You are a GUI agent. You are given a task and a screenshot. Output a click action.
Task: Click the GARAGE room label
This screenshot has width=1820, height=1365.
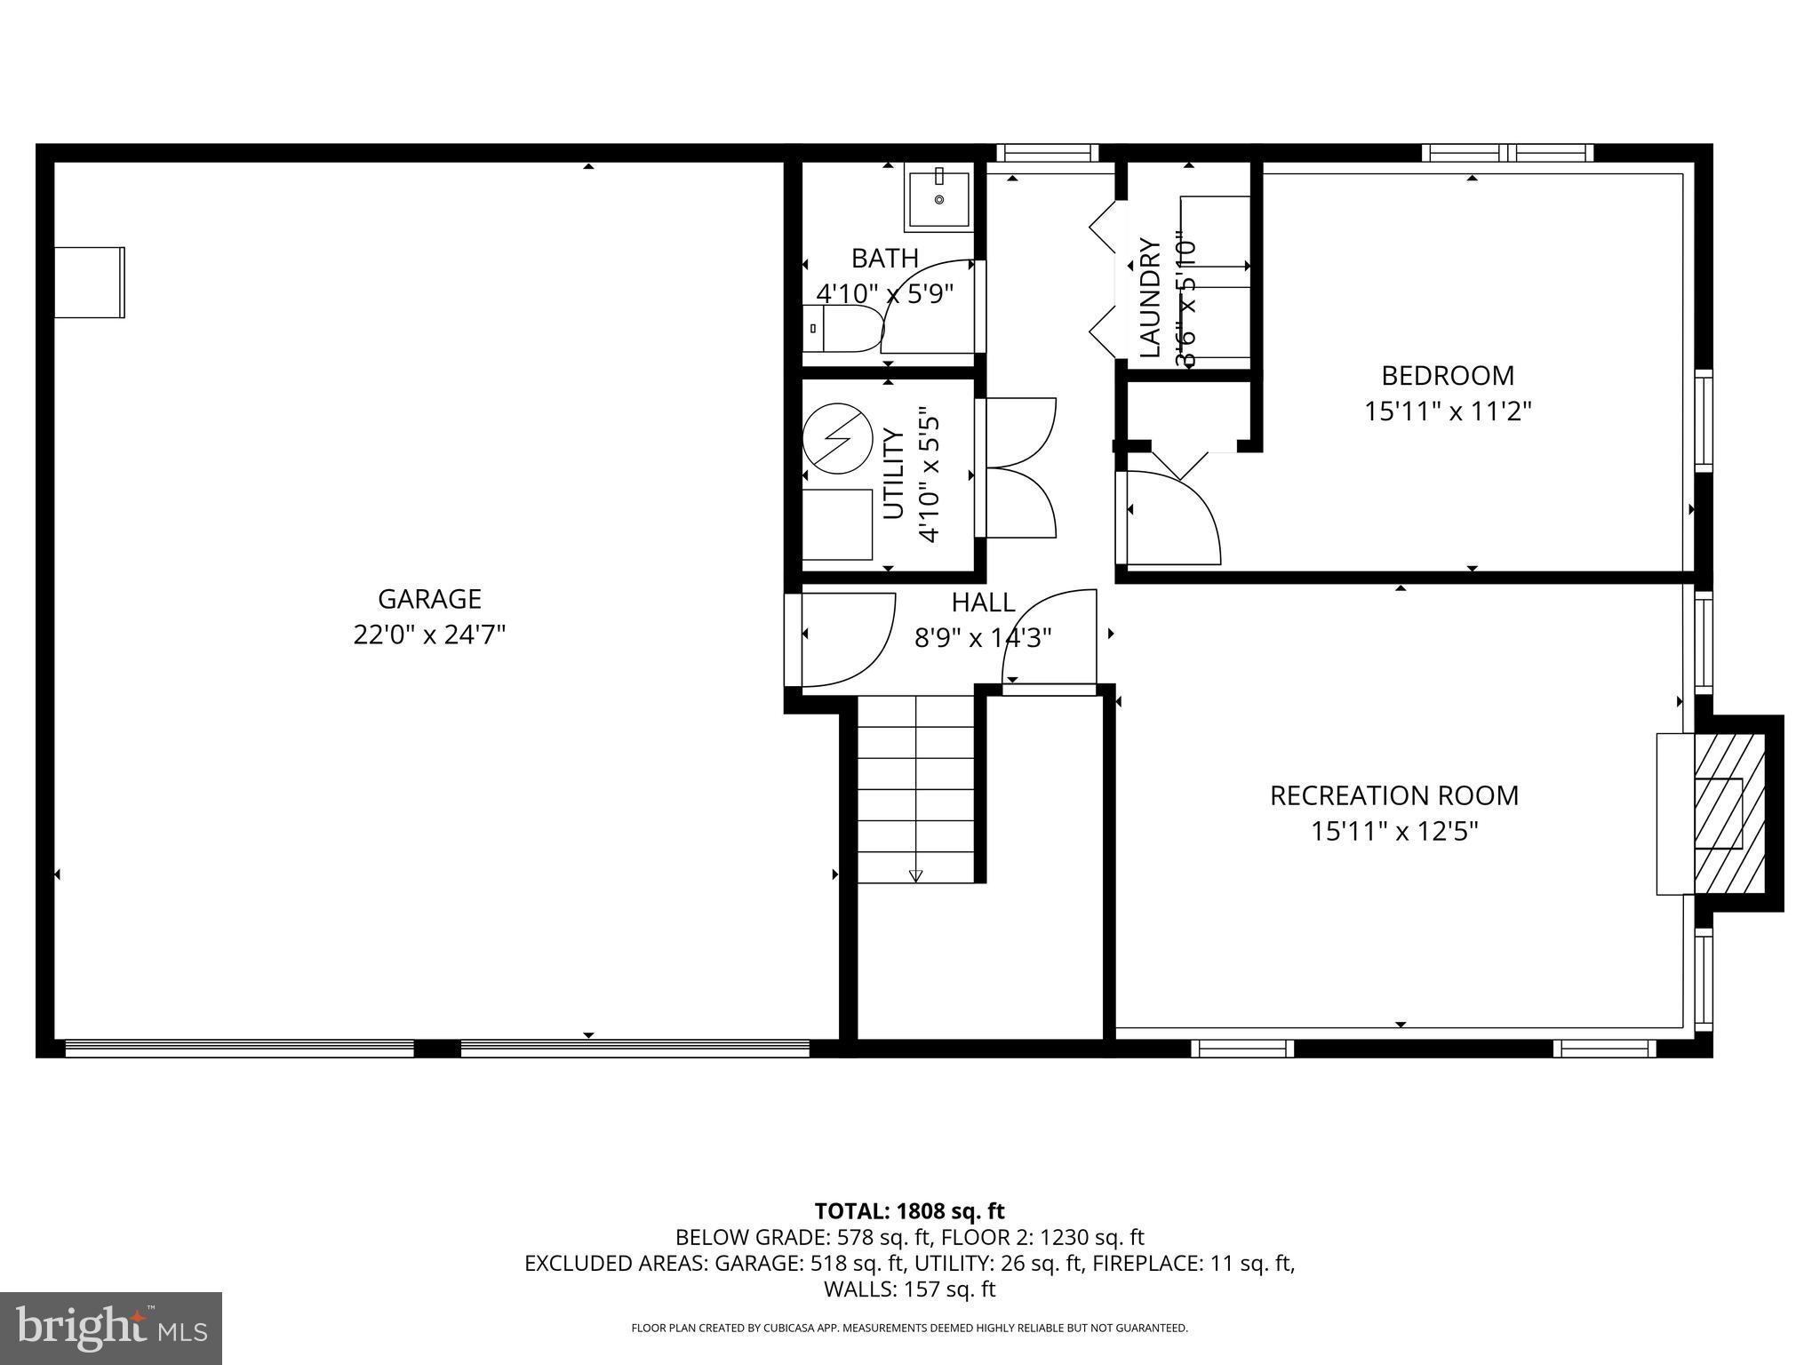tap(429, 599)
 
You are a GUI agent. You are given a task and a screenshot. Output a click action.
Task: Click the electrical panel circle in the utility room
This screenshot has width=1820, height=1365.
tap(837, 438)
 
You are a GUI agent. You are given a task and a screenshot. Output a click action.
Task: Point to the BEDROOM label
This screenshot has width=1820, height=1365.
tap(1447, 376)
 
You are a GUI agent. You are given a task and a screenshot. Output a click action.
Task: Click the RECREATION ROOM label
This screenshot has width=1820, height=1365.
tap(1393, 795)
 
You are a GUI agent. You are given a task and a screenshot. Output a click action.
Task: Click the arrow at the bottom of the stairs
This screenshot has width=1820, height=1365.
tap(916, 875)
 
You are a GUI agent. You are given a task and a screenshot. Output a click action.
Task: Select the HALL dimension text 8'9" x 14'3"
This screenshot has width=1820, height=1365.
tap(983, 638)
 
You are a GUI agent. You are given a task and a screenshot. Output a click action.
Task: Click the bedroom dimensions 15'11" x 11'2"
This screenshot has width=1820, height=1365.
tap(1448, 411)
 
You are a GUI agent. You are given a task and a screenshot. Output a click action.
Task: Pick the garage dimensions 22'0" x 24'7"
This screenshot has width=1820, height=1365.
tap(429, 635)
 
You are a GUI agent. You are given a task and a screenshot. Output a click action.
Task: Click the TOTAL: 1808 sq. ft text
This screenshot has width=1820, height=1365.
tap(909, 1211)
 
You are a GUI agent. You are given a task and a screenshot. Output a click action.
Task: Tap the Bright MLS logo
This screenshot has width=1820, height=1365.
tap(111, 1329)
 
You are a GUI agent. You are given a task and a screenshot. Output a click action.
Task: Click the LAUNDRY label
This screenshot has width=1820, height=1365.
tap(1150, 298)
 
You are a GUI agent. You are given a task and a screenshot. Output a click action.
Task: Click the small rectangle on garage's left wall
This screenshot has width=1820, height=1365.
tap(89, 282)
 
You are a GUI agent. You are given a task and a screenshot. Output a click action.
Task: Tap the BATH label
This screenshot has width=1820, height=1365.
tap(884, 259)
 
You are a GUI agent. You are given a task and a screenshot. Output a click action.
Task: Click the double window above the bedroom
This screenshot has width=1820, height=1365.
tap(1506, 153)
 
